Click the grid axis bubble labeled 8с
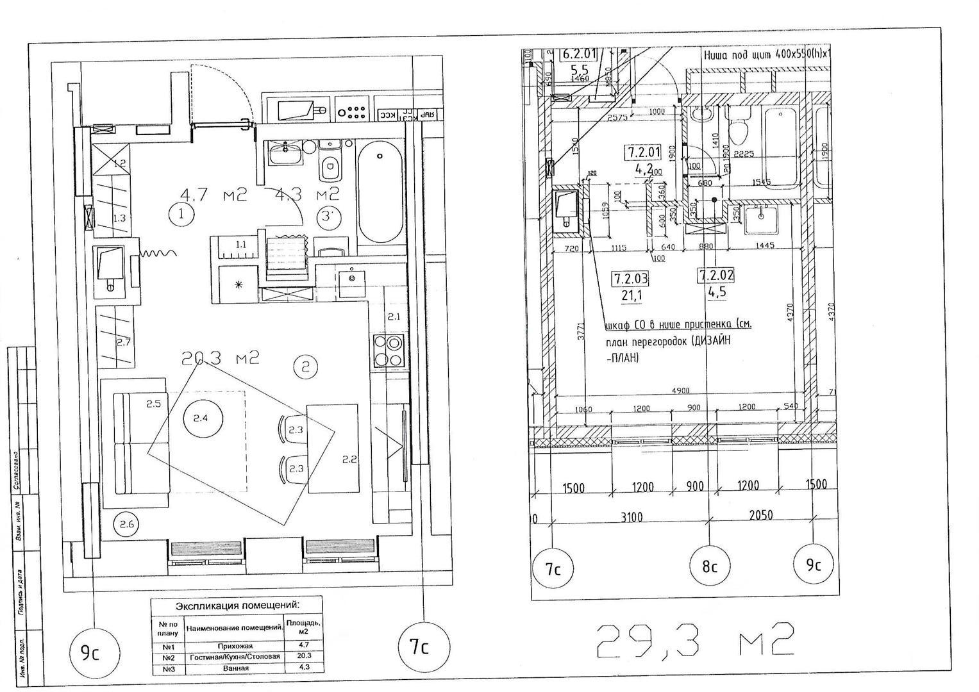tap(709, 566)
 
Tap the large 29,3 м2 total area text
tap(696, 641)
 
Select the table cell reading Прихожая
tap(235, 646)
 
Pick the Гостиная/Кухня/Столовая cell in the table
tap(235, 657)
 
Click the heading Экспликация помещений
tap(237, 605)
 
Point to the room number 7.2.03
tap(630, 278)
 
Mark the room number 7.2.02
tap(715, 276)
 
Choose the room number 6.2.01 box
tap(579, 54)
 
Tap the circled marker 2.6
tap(127, 525)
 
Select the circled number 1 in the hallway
tap(181, 214)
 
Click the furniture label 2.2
tap(349, 459)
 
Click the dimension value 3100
tap(632, 516)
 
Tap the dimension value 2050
tap(760, 515)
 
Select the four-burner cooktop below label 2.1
tap(389, 350)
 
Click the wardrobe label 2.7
tap(123, 342)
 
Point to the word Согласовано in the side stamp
tap(16, 471)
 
